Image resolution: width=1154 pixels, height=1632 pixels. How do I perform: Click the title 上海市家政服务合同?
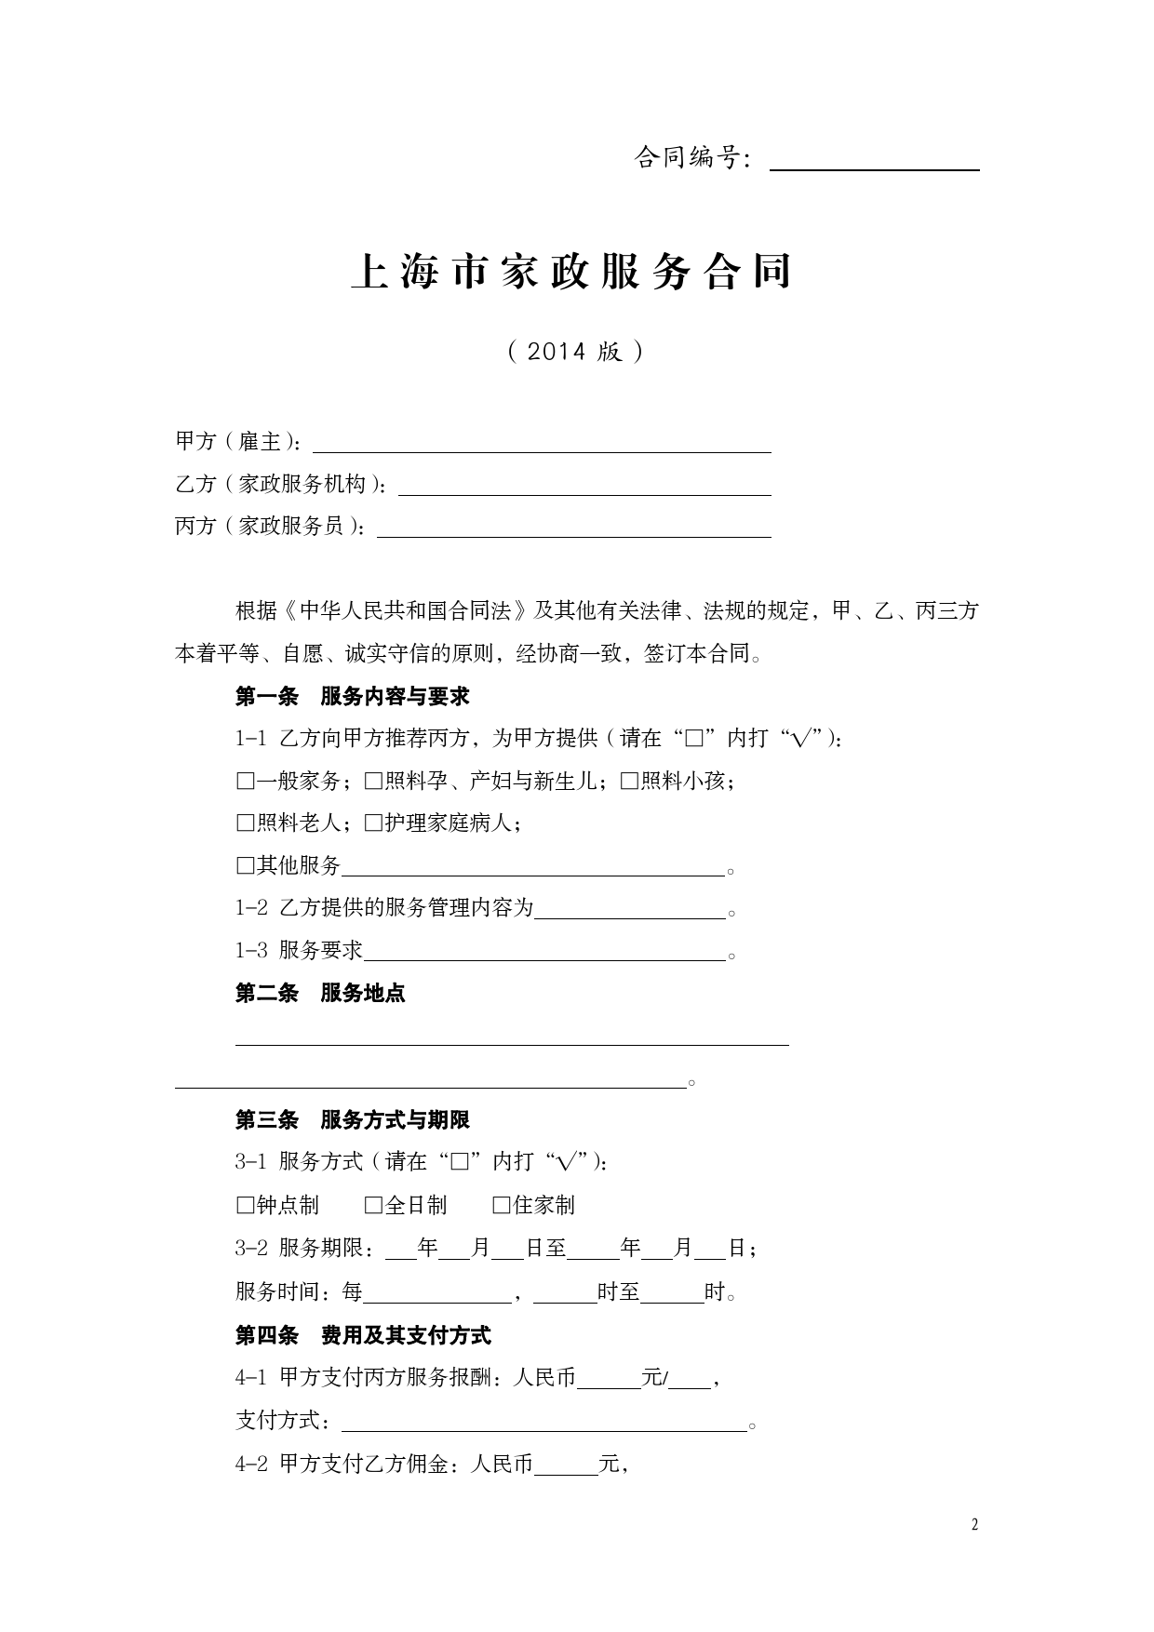[571, 272]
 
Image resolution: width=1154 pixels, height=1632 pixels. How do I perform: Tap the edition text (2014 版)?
[575, 352]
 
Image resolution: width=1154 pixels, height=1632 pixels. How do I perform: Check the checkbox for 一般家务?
[246, 782]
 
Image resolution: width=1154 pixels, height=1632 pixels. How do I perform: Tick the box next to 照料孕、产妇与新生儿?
[374, 782]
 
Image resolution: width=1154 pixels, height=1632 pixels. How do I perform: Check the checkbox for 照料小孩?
[630, 782]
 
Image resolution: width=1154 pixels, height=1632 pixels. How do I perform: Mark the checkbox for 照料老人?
[246, 823]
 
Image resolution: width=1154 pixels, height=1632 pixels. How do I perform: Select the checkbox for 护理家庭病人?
[374, 823]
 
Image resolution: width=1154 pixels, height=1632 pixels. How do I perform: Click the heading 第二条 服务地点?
[320, 993]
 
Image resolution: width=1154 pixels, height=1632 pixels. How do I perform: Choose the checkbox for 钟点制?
[246, 1206]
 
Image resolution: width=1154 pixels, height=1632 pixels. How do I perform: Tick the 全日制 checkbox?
[374, 1206]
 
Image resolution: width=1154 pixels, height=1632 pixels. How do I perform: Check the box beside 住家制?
[502, 1206]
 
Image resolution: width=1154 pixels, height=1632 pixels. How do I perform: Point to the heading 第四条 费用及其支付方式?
[363, 1336]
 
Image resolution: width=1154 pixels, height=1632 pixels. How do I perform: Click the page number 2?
[974, 1524]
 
